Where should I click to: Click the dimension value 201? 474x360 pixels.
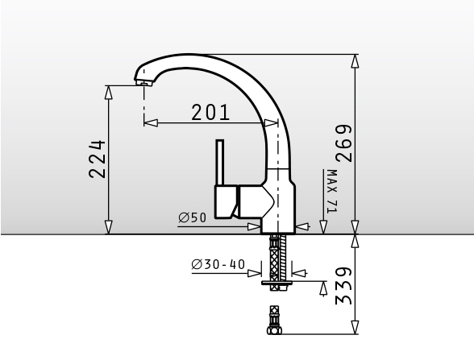(210, 113)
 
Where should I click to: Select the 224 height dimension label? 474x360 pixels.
(98, 159)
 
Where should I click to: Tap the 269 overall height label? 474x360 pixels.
(344, 143)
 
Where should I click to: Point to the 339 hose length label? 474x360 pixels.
(344, 286)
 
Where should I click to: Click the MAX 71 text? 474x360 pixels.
(332, 191)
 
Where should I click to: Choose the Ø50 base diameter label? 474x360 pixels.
(192, 217)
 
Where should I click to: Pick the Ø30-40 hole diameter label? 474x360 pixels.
(218, 264)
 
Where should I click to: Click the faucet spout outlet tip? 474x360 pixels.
(143, 83)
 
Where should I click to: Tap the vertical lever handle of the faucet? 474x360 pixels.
(220, 163)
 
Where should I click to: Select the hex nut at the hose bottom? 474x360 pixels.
(274, 330)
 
